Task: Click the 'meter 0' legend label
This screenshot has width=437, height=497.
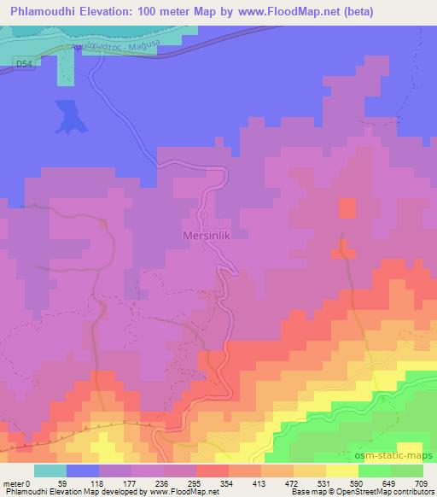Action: click(18, 484)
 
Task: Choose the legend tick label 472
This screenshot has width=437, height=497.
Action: click(292, 484)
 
